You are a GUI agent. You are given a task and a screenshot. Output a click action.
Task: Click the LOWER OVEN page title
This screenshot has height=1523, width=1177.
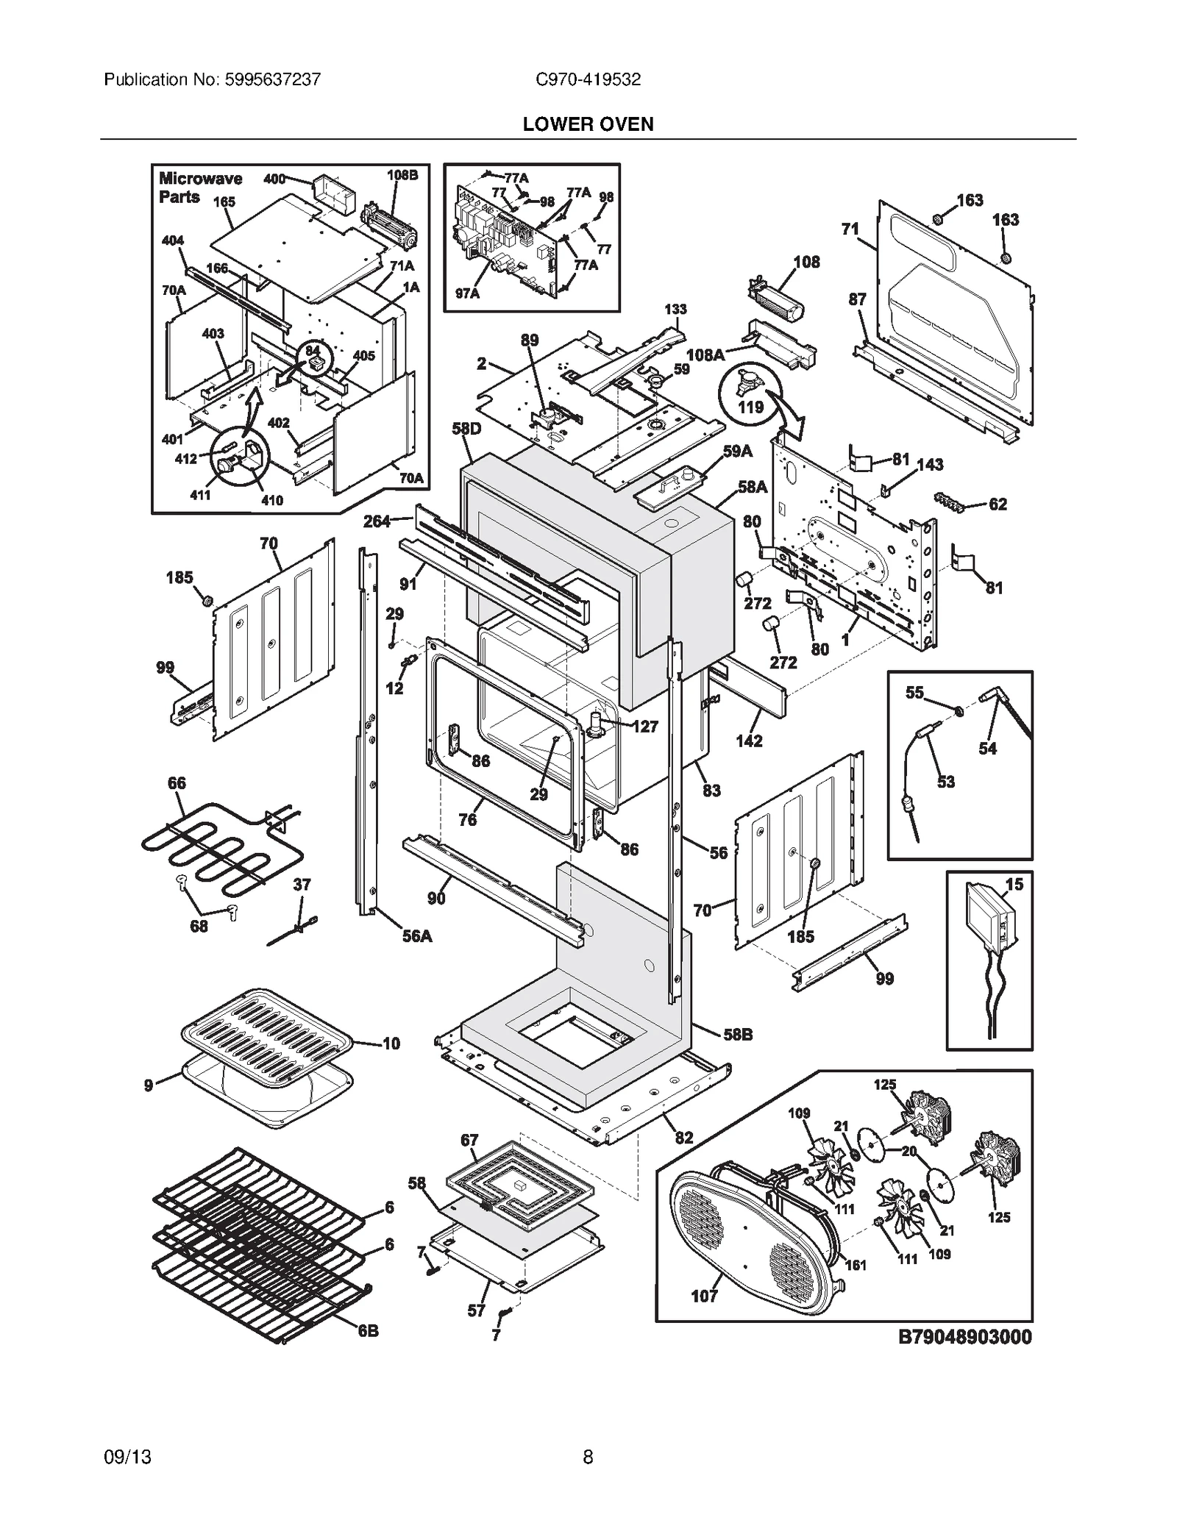(x=588, y=124)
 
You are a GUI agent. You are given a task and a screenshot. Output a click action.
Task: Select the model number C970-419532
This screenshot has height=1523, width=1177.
(x=588, y=79)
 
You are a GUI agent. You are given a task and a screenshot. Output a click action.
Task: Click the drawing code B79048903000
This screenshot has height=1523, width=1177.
(x=964, y=1336)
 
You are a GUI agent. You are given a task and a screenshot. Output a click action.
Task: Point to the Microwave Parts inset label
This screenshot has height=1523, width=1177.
(x=190, y=188)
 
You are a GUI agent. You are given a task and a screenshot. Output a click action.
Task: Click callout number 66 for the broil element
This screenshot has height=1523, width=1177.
(x=177, y=783)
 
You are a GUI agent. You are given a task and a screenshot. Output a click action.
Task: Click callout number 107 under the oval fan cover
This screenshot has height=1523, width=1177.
(x=704, y=1296)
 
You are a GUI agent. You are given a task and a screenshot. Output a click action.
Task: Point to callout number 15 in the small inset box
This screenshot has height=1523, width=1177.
(x=1014, y=885)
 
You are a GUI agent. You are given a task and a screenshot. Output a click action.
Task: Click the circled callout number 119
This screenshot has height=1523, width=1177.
(x=750, y=407)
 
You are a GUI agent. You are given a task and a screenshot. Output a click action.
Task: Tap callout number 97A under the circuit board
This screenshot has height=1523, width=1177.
(x=467, y=293)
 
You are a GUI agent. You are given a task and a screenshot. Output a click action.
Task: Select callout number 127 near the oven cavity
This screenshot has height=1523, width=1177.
(x=645, y=727)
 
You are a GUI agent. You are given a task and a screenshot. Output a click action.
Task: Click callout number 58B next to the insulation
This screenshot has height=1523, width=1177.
(x=738, y=1035)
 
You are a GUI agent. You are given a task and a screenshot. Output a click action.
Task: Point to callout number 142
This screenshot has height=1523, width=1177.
(x=749, y=741)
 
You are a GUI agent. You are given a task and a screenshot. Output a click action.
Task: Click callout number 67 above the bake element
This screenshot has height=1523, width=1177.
(x=469, y=1141)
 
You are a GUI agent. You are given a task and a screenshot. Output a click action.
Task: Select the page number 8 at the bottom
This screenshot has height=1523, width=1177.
(x=588, y=1456)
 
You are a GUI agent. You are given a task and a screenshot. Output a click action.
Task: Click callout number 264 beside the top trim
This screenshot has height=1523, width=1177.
(x=377, y=521)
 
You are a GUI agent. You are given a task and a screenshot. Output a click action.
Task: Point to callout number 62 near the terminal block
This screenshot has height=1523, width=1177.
(x=998, y=504)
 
